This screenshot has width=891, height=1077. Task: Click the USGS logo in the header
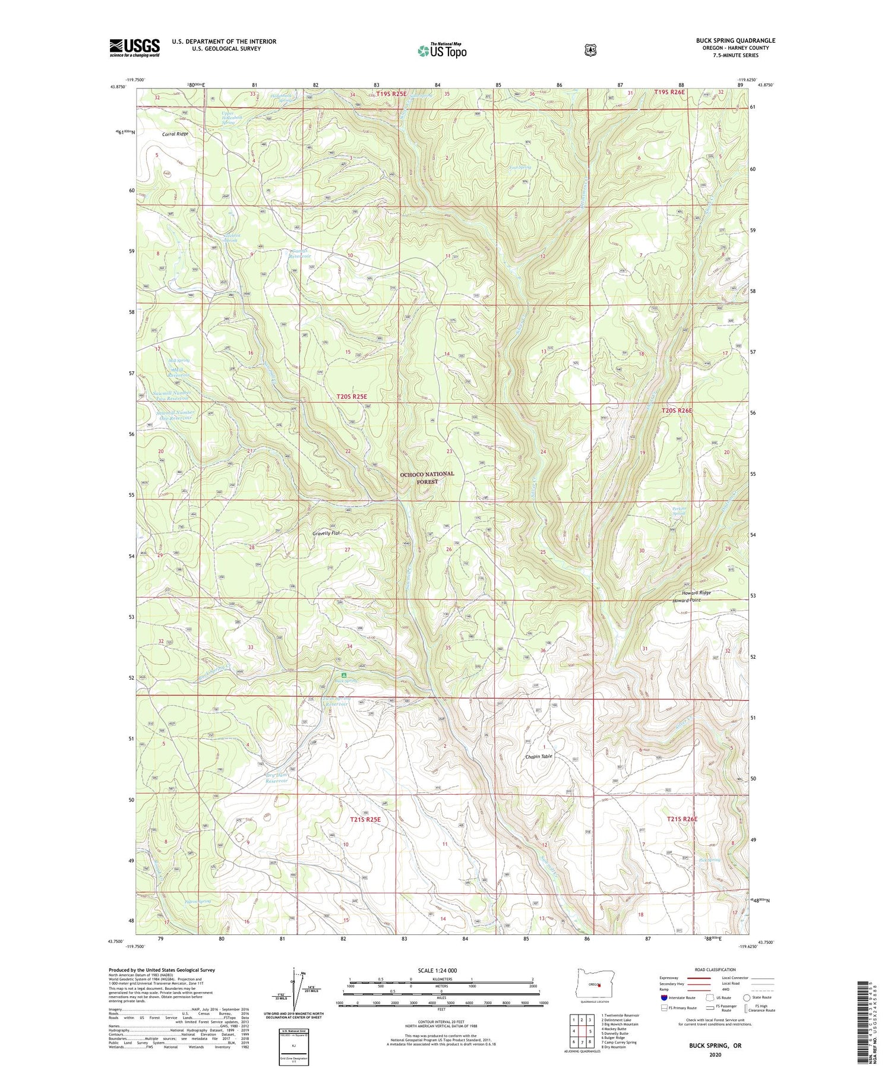coord(134,48)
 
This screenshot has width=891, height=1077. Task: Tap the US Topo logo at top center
coord(442,50)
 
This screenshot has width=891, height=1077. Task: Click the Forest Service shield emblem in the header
coord(590,50)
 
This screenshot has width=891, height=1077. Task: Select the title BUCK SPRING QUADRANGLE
coord(735,41)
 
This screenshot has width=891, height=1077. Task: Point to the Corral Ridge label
coord(175,134)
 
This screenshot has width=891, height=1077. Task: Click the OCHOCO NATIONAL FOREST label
coord(426,478)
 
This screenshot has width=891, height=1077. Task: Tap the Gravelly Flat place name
coord(326,533)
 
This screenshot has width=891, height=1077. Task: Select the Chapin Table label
coord(539,757)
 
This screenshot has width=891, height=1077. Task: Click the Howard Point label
coord(686,601)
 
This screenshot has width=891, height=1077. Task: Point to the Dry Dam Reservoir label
coord(277,778)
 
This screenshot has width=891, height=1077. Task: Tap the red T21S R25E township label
coord(365,819)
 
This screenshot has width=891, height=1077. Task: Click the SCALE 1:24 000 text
coord(437,970)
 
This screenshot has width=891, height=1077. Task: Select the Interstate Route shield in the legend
coord(663,997)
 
